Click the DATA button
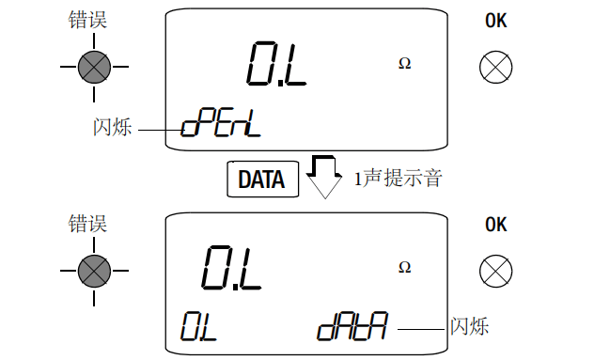[262, 179]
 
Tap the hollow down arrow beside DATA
[324, 177]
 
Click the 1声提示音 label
[397, 179]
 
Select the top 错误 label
[88, 20]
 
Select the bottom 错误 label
[88, 224]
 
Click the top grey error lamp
[94, 67]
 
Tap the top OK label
[495, 20]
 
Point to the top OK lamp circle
[494, 67]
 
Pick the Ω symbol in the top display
[404, 64]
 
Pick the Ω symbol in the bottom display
[404, 267]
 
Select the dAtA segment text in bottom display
[353, 326]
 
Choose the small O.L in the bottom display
[199, 326]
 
